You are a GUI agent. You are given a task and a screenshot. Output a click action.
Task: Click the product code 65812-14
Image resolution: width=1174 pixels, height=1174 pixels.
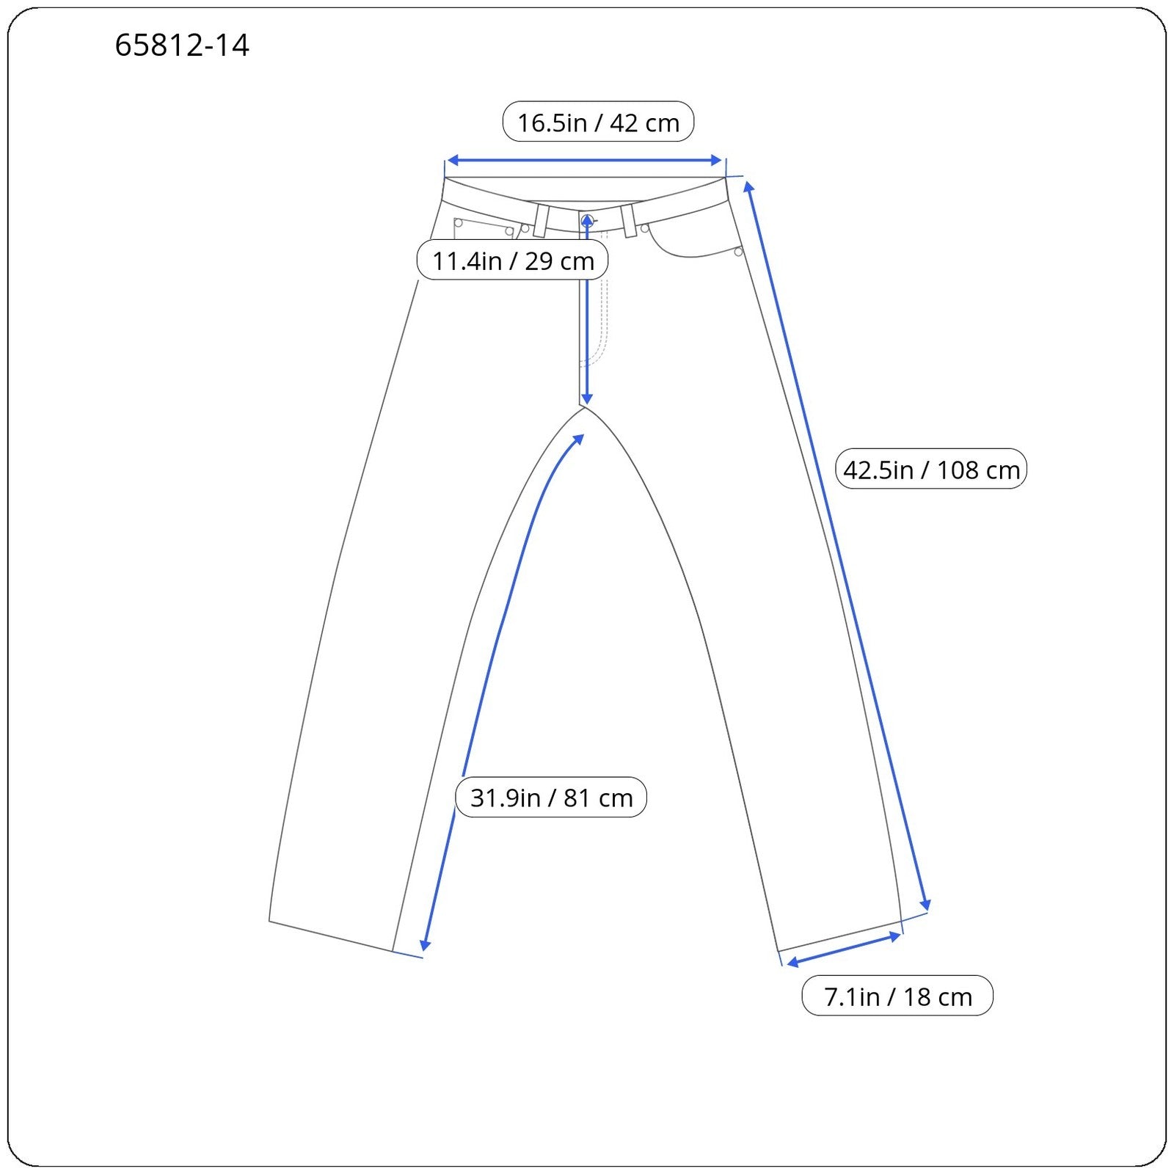[x=182, y=45]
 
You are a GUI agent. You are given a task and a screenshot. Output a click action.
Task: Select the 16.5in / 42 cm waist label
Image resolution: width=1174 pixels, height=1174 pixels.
[x=598, y=122]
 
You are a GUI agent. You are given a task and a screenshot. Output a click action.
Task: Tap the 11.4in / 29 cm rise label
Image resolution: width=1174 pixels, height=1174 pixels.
[x=512, y=260]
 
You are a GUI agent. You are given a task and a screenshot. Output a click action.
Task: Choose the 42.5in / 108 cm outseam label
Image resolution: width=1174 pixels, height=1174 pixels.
[x=931, y=469]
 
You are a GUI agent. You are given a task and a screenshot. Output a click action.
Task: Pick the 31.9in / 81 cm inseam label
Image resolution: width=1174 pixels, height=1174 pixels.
[x=551, y=797]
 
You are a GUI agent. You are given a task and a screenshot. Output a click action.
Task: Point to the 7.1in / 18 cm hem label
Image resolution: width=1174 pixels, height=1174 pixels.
[x=897, y=996]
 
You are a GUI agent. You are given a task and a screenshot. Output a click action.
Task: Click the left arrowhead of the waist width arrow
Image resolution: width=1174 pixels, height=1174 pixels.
[x=452, y=160]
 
